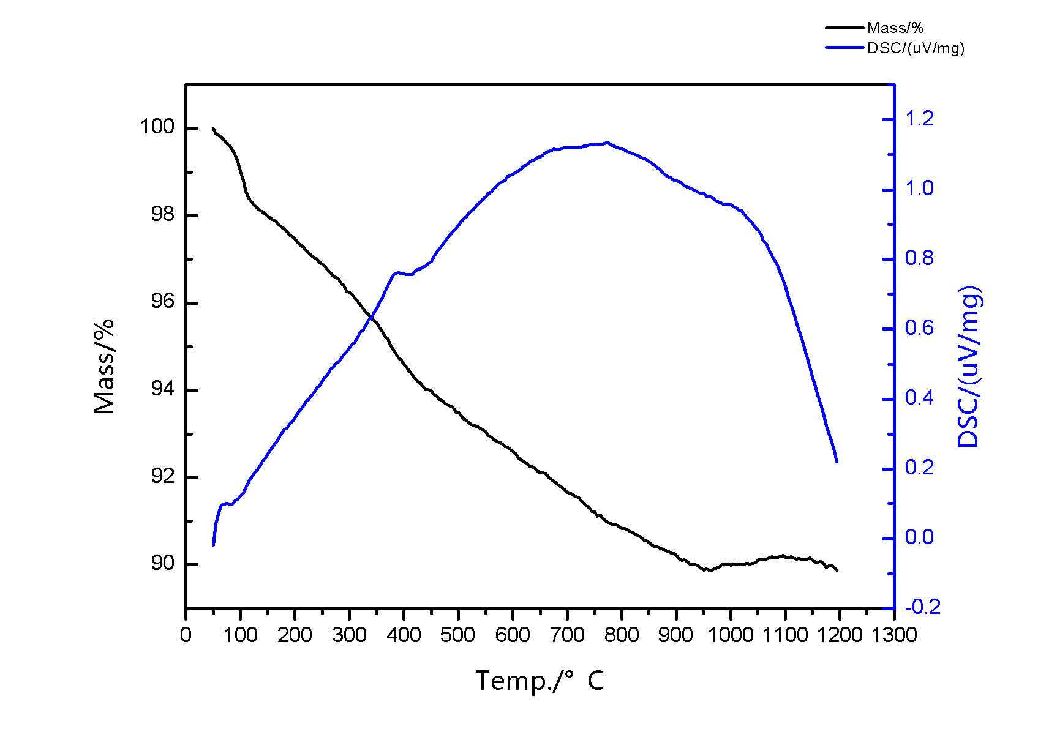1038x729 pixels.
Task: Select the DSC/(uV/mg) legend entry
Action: pyautogui.click(x=916, y=48)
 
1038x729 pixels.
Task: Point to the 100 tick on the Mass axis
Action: pyautogui.click(x=157, y=127)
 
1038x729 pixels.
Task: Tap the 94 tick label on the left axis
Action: pyautogui.click(x=162, y=389)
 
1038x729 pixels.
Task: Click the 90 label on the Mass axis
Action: pyautogui.click(x=162, y=563)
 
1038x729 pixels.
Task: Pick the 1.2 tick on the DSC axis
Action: pyautogui.click(x=920, y=118)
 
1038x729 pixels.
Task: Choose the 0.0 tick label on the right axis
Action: pyautogui.click(x=920, y=537)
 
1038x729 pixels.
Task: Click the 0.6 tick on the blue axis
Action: pyautogui.click(x=920, y=328)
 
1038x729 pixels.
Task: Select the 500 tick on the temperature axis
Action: pyautogui.click(x=458, y=635)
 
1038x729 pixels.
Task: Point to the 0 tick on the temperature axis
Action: pyautogui.click(x=186, y=635)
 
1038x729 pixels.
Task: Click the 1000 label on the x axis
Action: pyautogui.click(x=730, y=635)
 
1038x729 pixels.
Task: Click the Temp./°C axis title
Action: pyautogui.click(x=540, y=681)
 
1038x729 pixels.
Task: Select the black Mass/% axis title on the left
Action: pyautogui.click(x=104, y=366)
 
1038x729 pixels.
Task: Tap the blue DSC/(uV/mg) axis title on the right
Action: pyautogui.click(x=969, y=366)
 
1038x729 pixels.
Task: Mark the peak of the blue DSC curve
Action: pyautogui.click(x=606, y=143)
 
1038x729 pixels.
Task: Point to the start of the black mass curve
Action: pyautogui.click(x=213, y=129)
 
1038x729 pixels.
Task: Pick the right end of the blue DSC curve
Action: pyautogui.click(x=837, y=462)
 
